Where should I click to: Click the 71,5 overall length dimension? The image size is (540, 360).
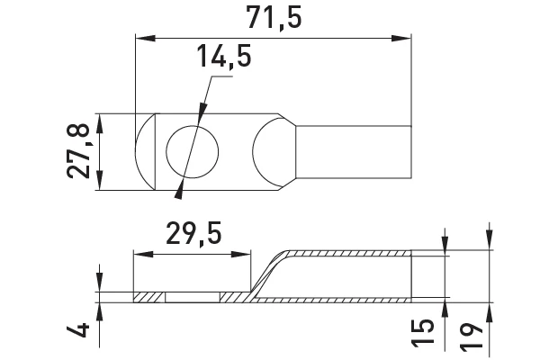tap(274, 18)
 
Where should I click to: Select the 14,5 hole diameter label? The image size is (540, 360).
tap(224, 57)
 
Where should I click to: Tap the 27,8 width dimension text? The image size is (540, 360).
tap(78, 151)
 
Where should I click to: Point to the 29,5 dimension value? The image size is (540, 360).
tap(193, 234)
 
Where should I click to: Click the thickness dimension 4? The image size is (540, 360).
tap(77, 330)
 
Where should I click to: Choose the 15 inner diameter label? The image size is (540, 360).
tap(422, 333)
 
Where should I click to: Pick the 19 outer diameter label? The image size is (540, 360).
tap(471, 337)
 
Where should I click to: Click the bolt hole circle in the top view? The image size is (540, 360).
tap(193, 125)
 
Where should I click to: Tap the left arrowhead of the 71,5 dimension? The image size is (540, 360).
tap(145, 38)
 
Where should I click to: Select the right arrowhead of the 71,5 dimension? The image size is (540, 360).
tap(401, 38)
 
